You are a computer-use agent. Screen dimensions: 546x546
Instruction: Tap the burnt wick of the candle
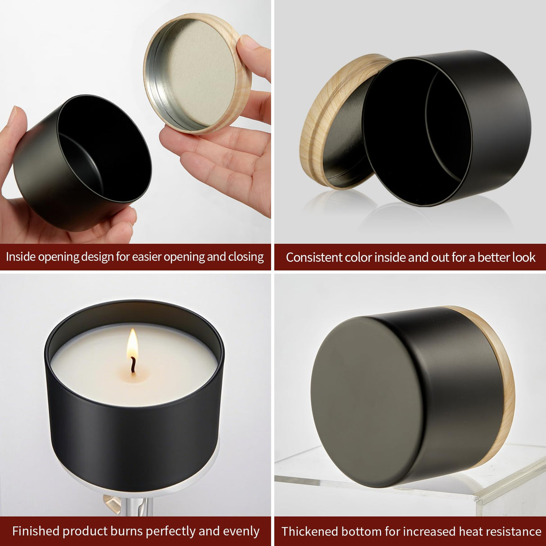click(x=133, y=365)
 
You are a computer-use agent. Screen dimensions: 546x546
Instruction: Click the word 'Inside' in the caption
click(x=20, y=257)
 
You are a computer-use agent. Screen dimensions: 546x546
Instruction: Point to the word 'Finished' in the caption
click(x=36, y=531)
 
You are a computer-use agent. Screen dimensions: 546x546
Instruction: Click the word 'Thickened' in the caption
click(x=309, y=532)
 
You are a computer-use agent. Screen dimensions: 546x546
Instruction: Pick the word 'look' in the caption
click(x=524, y=257)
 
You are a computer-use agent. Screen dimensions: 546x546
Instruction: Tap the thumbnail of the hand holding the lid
click(x=249, y=43)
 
